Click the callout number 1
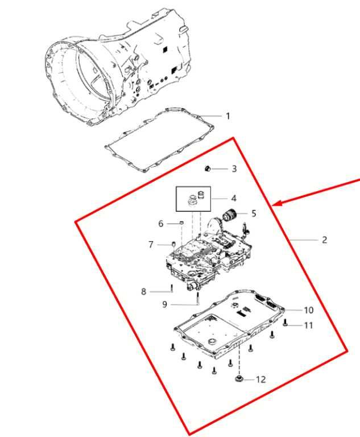[x=228, y=116]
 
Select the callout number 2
[x=324, y=240]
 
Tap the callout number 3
[x=234, y=168]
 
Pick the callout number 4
[x=234, y=199]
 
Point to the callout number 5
[x=254, y=213]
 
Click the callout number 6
[x=161, y=224]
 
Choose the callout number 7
[x=151, y=245]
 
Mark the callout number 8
[x=143, y=291]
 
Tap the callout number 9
[x=165, y=304]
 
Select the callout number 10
[x=308, y=310]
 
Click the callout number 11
[x=308, y=325]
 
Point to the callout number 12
[x=261, y=380]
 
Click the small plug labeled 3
[x=208, y=168]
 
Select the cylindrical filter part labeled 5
[x=229, y=215]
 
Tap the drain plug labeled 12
[x=238, y=379]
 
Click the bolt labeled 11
[x=285, y=324]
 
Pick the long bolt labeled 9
[x=197, y=298]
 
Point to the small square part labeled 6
[x=181, y=222]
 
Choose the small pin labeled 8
[x=172, y=288]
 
